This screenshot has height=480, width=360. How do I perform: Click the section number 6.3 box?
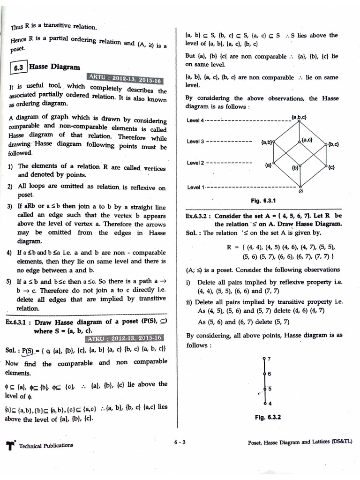19,67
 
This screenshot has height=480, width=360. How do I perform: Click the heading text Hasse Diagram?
54,67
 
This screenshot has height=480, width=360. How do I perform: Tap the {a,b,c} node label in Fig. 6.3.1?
299,116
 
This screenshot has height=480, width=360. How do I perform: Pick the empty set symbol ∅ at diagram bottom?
300,191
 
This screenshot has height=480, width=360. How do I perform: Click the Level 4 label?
195,120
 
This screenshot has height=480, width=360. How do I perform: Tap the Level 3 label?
195,142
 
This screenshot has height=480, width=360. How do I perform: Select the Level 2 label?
195,163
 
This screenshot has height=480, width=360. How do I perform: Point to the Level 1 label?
195,187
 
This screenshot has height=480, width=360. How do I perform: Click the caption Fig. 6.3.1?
263,201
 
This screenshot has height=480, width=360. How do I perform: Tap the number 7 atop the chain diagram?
269,359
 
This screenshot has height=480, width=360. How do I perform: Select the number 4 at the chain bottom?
269,403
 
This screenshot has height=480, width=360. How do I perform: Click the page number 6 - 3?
180,442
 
